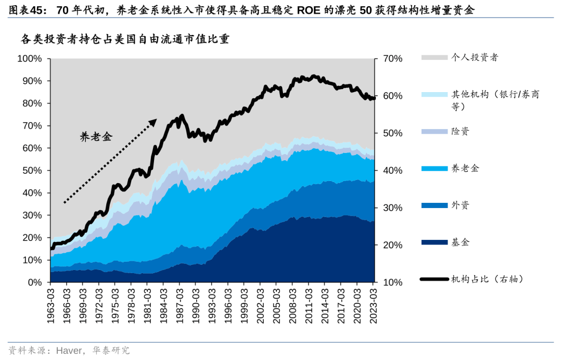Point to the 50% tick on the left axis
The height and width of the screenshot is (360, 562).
[31, 171]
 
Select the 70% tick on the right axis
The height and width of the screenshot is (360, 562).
[392, 59]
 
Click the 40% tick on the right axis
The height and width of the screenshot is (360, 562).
[392, 171]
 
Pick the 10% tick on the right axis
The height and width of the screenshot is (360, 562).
[392, 282]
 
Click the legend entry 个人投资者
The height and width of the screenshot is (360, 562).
[474, 57]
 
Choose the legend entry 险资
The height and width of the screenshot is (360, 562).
[460, 131]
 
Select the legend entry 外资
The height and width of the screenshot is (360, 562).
[460, 205]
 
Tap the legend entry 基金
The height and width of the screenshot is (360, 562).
[460, 242]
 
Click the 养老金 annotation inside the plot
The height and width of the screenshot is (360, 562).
[96, 137]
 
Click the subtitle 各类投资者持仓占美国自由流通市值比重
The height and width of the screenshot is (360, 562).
[125, 40]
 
